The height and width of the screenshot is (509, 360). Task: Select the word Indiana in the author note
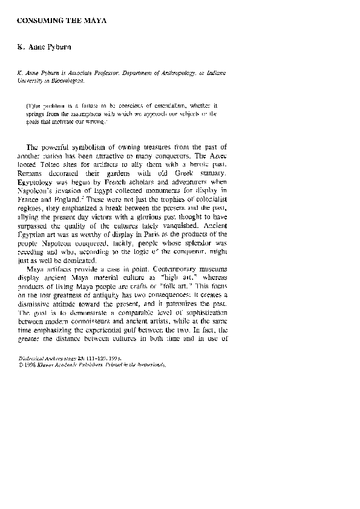(213, 72)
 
